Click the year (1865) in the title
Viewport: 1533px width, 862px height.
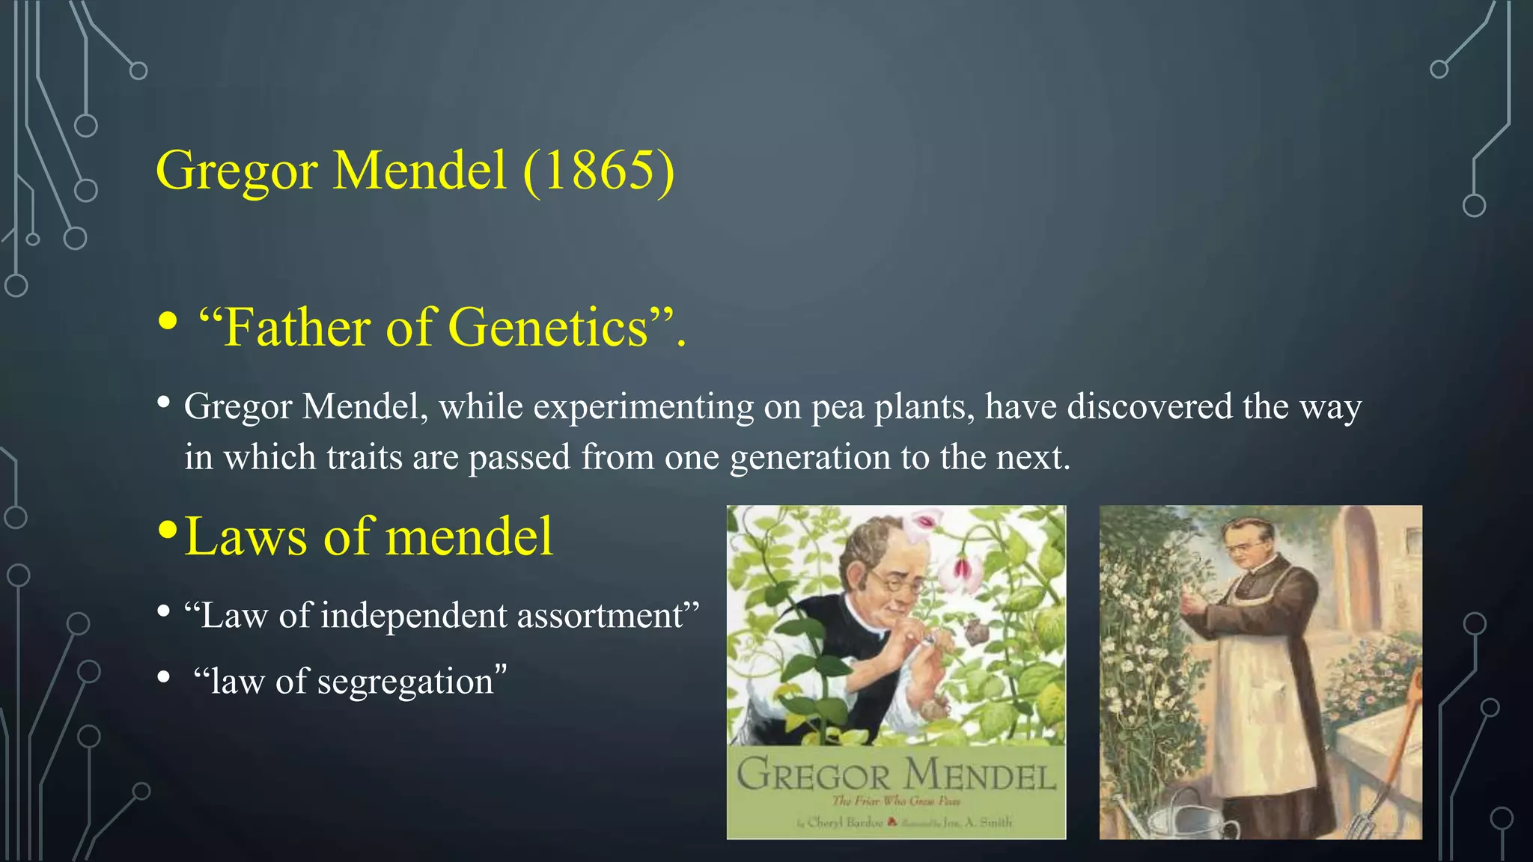[x=599, y=171]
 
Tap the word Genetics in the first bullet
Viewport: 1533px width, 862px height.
[x=548, y=328]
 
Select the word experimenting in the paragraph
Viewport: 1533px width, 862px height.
[x=643, y=407]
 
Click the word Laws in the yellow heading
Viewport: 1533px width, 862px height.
[x=246, y=537]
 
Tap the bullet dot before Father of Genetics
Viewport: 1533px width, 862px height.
[x=168, y=323]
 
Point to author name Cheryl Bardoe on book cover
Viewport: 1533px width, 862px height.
[x=844, y=822]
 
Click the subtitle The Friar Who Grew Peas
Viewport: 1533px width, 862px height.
[x=896, y=801]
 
